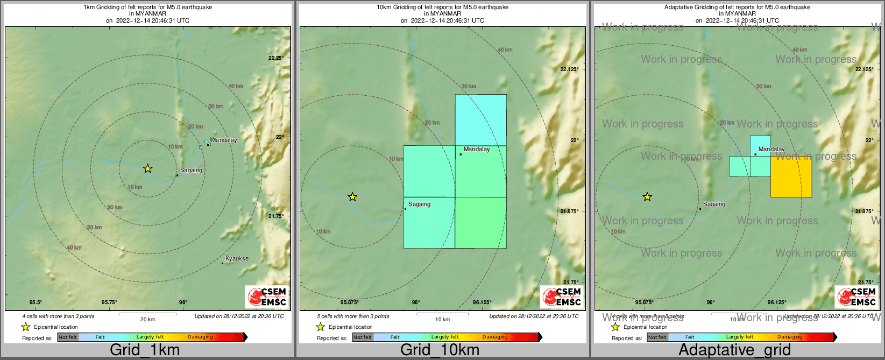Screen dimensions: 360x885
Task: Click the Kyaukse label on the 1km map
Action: [237, 259]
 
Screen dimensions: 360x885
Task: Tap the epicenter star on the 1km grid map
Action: [148, 169]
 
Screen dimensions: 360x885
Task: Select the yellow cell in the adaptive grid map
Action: [791, 177]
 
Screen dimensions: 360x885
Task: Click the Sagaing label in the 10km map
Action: [419, 204]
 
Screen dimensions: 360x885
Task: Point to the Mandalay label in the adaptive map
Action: [771, 150]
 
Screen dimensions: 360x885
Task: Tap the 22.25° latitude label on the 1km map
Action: [276, 58]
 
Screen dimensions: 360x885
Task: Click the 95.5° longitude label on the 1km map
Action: [36, 302]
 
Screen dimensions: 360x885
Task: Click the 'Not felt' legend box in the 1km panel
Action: [68, 337]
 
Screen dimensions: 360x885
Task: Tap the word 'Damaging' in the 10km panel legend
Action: [494, 337]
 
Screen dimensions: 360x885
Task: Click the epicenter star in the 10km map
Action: [352, 197]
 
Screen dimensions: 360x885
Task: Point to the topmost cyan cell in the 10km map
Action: [480, 120]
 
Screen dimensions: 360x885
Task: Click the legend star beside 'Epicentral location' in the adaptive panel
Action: [615, 327]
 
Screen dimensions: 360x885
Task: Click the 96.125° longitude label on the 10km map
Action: [482, 302]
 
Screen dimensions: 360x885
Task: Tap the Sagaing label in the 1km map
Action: [191, 171]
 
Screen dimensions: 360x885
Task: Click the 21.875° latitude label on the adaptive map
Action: [864, 211]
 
